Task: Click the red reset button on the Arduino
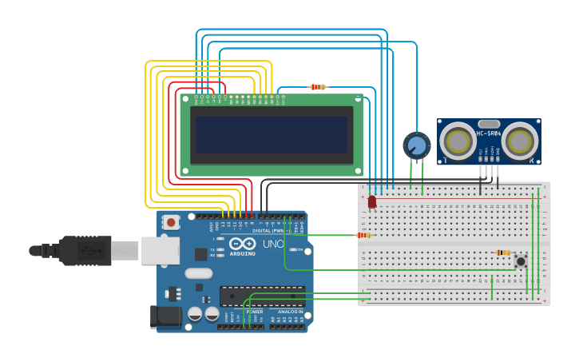tap(170, 221)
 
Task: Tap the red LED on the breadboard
tap(372, 202)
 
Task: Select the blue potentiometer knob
tap(416, 145)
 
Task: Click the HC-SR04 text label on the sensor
tap(489, 133)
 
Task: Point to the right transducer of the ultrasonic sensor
tap(519, 141)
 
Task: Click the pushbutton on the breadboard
tap(521, 261)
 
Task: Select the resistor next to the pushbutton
tap(503, 253)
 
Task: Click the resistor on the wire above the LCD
tap(318, 86)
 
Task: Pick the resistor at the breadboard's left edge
tap(363, 235)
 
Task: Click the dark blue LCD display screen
tap(272, 134)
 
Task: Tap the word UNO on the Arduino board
tap(273, 244)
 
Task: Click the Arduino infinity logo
tap(242, 243)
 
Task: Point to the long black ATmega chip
tap(262, 296)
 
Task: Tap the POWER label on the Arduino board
tap(254, 311)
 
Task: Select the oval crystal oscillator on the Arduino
tap(200, 273)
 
